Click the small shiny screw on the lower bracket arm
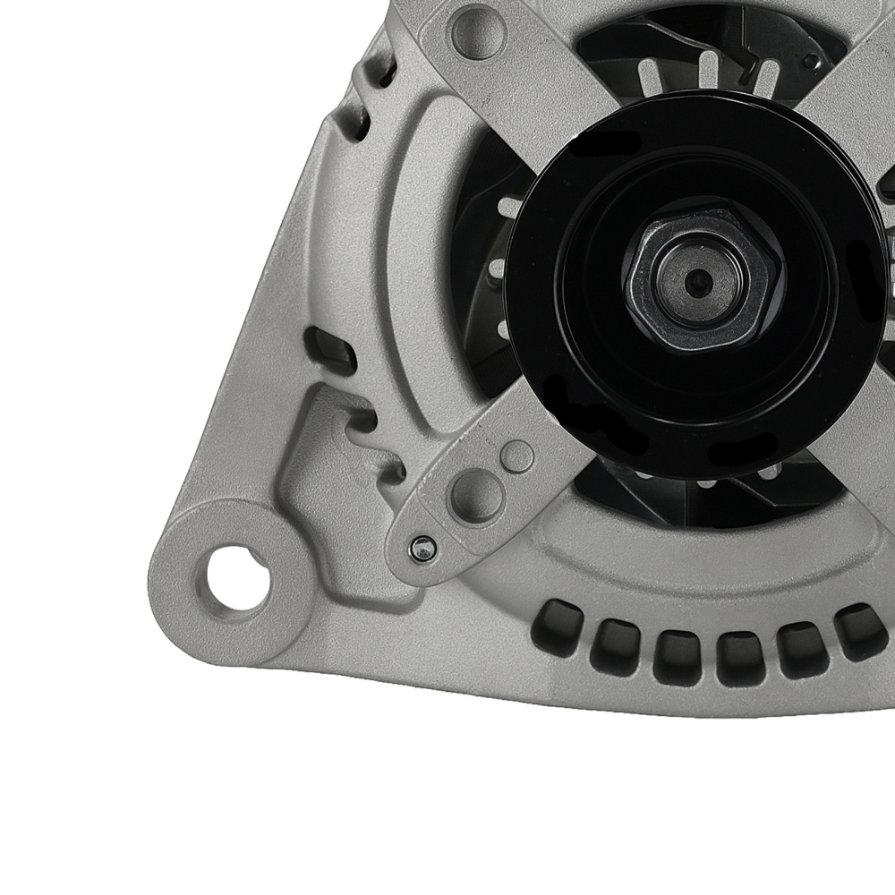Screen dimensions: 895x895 [419, 549]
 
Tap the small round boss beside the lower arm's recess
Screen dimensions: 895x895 [517, 456]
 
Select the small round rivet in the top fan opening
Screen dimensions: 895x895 [810, 62]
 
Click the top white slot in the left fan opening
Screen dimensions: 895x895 [506, 208]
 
